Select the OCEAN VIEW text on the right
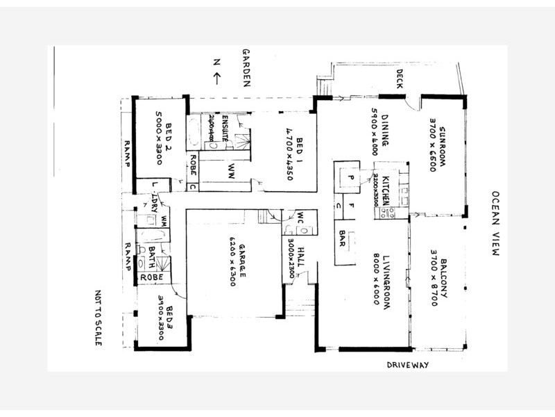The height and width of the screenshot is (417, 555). click(x=495, y=224)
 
